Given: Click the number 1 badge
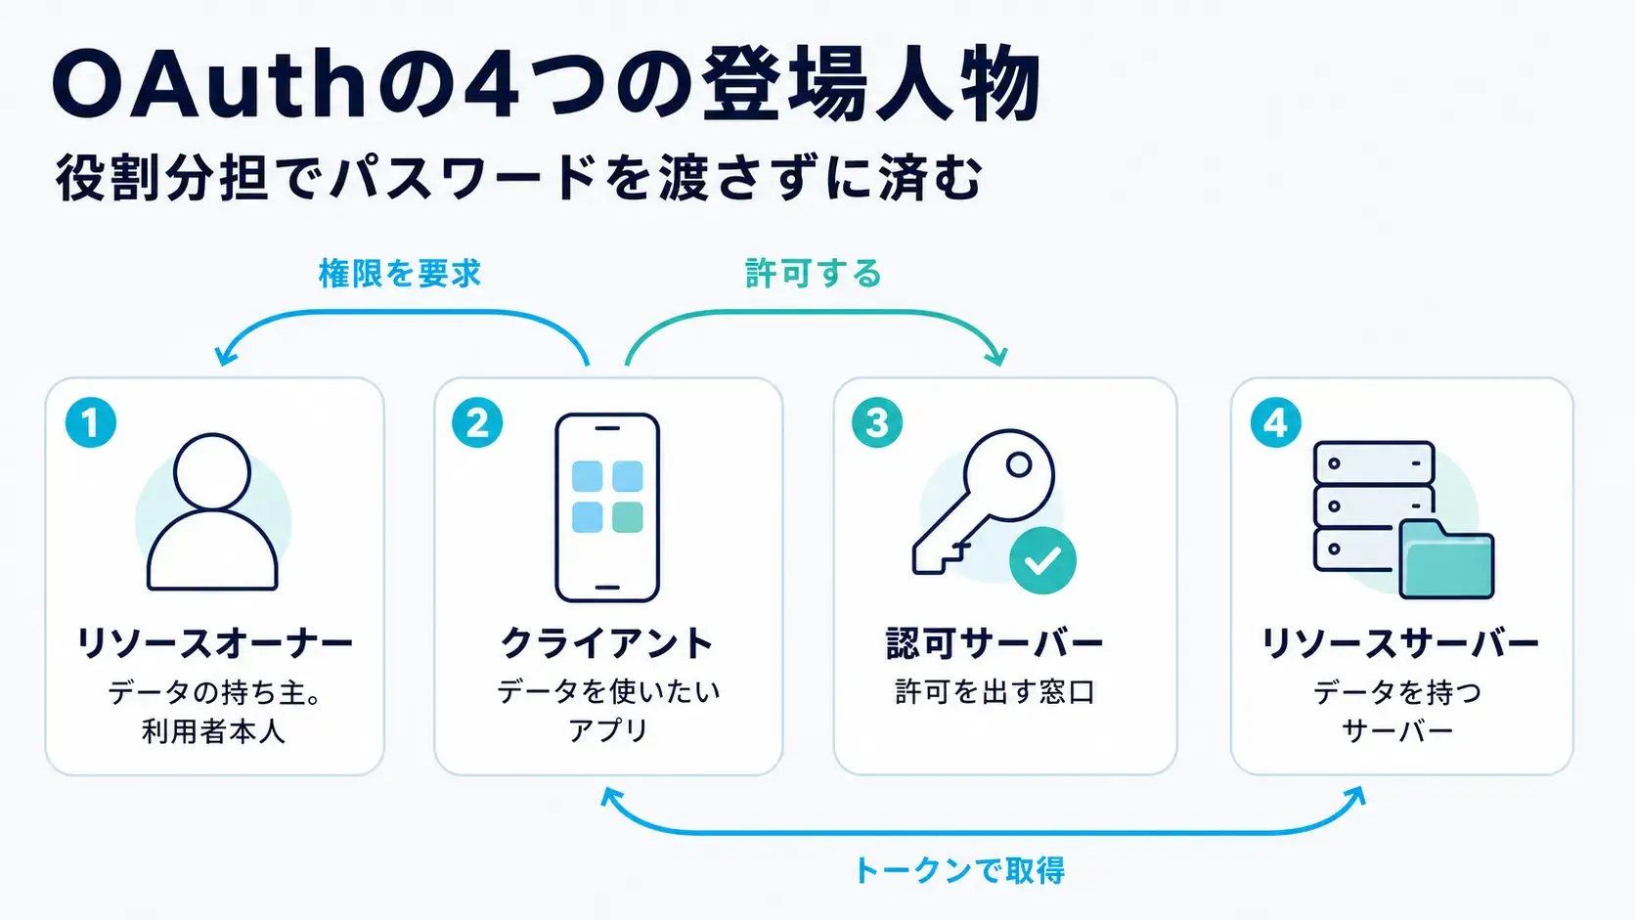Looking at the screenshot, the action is pos(91,422).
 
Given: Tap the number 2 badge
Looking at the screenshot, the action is pos(477,422).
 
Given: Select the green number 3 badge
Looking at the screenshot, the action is pos(876,422).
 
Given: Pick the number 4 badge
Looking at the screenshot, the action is pos(1276,422).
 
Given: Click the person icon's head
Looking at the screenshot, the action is pos(212,471).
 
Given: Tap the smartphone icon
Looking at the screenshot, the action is pos(607,507).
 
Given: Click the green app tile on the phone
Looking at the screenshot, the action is pos(628,517).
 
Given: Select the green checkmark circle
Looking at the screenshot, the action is pos(1042,560).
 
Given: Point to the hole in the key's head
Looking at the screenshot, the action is pos(1019,464).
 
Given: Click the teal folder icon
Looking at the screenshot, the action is pos(1446,560).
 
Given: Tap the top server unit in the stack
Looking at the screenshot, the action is pos(1374,462).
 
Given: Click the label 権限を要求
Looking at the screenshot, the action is pos(400,274).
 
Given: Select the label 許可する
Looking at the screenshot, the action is pos(814,274).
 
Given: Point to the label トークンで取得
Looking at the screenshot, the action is pos(958,870).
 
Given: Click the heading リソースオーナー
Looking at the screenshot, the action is pos(214,643).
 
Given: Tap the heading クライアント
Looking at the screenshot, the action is pos(607,643).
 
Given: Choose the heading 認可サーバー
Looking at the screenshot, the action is pos(994,643).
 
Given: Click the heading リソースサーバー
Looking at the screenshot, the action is pos(1400,643).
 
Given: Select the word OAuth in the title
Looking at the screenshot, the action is pos(209,84).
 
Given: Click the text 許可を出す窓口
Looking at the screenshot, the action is pos(994,691).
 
